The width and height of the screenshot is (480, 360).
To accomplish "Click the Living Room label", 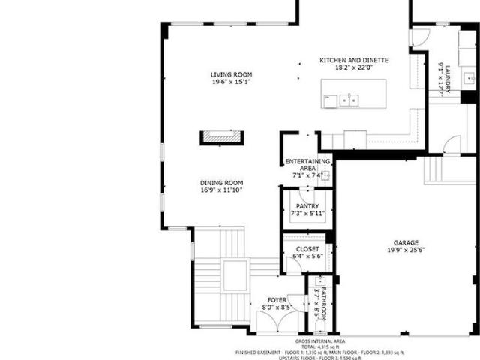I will [x=231, y=74].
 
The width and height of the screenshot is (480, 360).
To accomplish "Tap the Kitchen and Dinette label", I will [x=354, y=60].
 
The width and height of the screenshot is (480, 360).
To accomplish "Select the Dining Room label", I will [x=222, y=182].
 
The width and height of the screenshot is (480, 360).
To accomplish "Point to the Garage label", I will [x=407, y=242].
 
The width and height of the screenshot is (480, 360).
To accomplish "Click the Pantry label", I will [x=307, y=206].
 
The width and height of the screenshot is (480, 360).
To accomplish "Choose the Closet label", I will [x=307, y=249].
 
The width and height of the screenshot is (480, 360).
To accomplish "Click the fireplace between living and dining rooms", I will [x=221, y=137].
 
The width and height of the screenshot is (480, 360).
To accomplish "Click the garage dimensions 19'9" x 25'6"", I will [x=407, y=251].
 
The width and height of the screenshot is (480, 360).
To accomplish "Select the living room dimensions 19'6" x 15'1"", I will [x=231, y=82].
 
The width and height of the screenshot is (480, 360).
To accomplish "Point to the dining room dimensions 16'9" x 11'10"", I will [x=222, y=190].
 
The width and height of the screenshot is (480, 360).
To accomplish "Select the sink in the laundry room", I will [x=469, y=77].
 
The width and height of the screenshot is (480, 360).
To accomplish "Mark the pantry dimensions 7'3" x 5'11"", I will [x=307, y=214].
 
